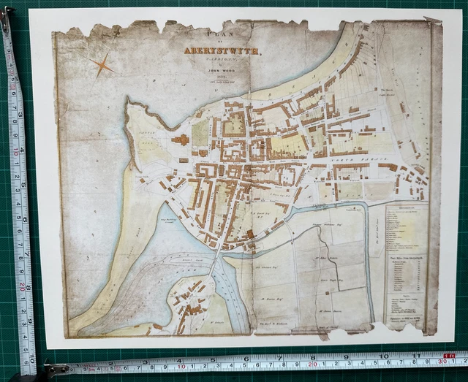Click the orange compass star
(103, 65)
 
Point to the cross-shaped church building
(179, 139)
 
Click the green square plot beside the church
(200, 132)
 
